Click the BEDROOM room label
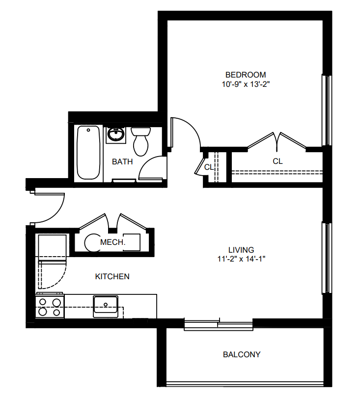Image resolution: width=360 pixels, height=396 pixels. pos(246,75)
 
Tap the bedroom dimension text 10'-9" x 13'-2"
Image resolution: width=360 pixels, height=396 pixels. pos(246,84)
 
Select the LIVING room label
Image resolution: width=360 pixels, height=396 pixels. pos(241,250)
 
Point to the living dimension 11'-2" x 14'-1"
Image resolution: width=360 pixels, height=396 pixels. pos(241,259)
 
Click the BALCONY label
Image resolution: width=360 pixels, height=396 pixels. pos(242,355)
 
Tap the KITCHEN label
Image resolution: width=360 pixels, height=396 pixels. pos(112,277)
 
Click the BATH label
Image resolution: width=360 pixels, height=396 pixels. pos(122,161)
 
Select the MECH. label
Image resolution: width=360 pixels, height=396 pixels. pos(113,242)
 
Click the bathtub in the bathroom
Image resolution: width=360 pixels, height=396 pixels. pos(88,153)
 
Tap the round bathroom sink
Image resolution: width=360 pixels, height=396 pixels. pos(116,134)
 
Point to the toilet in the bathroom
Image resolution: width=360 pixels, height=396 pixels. pos(140,141)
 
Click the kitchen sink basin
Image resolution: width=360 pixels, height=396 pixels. pos(106,306)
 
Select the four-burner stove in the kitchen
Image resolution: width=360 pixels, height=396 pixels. pos(50,306)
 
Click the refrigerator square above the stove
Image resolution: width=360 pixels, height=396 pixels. pos(52,245)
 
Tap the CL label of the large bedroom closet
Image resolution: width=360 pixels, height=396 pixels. pos(277,161)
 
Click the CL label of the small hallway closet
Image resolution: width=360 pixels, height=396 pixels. pos(209,167)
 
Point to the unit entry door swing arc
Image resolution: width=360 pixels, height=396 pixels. pos(57,213)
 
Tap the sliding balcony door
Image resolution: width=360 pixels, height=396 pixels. pos(219,324)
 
